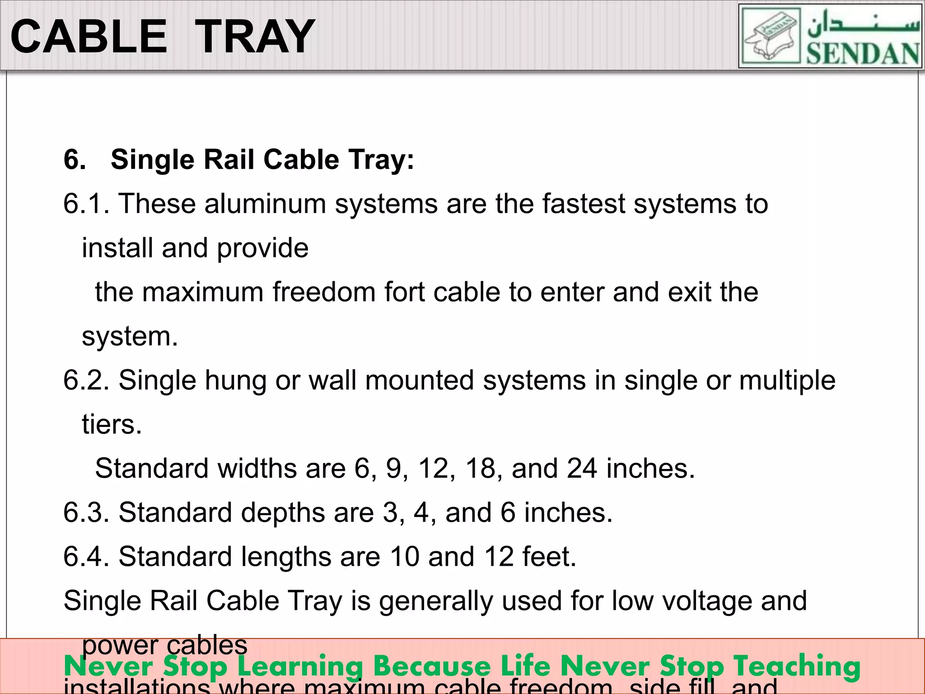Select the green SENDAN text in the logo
pyautogui.click(x=863, y=54)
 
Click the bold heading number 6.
pyautogui.click(x=75, y=159)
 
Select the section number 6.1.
pyautogui.click(x=86, y=204)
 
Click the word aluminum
pyautogui.click(x=265, y=204)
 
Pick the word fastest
pyautogui.click(x=583, y=204)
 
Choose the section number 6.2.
pyautogui.click(x=86, y=380)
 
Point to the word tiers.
pyautogui.click(x=112, y=424)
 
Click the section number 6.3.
pyautogui.click(x=86, y=512)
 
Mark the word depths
pyautogui.click(x=283, y=512)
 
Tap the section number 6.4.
pyautogui.click(x=86, y=556)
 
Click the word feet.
pyautogui.click(x=549, y=556)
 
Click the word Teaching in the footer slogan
pyautogui.click(x=796, y=666)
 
